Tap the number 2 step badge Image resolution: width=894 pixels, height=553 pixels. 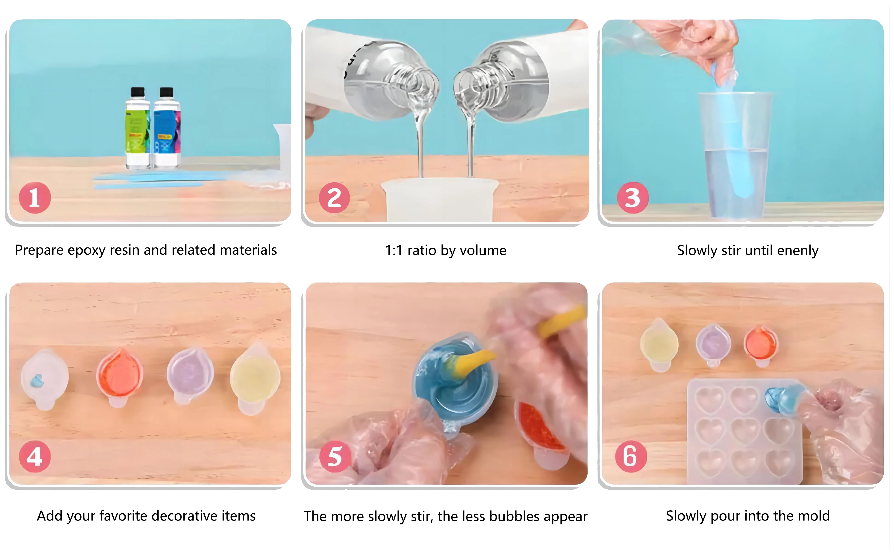tap(334, 198)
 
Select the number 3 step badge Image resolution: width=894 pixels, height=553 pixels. tap(632, 198)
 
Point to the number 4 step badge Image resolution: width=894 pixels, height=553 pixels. tap(35, 456)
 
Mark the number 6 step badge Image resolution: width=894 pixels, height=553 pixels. tap(631, 456)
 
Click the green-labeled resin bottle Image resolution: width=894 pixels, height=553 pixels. tap(138, 128)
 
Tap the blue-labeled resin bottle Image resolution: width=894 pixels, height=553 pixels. tap(167, 128)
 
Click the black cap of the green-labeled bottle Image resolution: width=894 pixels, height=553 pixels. tap(138, 92)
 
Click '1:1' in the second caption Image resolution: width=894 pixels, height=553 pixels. tap(394, 250)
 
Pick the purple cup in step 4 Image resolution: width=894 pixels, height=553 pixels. tap(190, 375)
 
